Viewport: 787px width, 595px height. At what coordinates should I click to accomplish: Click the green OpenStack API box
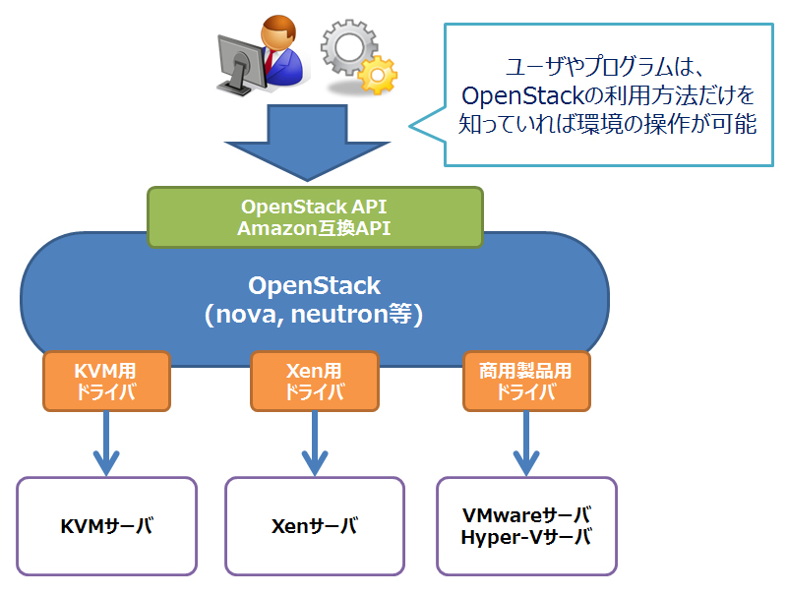[x=315, y=216]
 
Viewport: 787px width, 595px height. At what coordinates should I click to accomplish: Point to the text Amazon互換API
[x=315, y=227]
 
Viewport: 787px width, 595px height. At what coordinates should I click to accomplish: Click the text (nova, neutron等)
[x=314, y=315]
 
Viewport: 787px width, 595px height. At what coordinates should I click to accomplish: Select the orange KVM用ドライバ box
[x=106, y=382]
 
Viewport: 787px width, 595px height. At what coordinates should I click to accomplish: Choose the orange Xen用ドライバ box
[x=315, y=382]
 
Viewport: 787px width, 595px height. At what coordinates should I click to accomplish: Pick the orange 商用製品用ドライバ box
[x=526, y=382]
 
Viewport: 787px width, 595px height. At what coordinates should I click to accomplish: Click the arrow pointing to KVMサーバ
[x=106, y=443]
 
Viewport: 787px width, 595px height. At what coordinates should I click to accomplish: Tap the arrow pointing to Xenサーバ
[x=315, y=443]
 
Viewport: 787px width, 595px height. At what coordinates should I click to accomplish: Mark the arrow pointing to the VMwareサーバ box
[x=526, y=443]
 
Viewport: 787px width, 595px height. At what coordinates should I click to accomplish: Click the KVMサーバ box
[x=106, y=526]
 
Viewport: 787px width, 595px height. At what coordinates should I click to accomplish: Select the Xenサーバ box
[x=315, y=526]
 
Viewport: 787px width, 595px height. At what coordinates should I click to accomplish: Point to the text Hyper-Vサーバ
[x=526, y=538]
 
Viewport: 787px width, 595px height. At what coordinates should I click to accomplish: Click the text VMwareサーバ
[x=526, y=515]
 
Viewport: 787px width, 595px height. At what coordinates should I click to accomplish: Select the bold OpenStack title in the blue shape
[x=314, y=286]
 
